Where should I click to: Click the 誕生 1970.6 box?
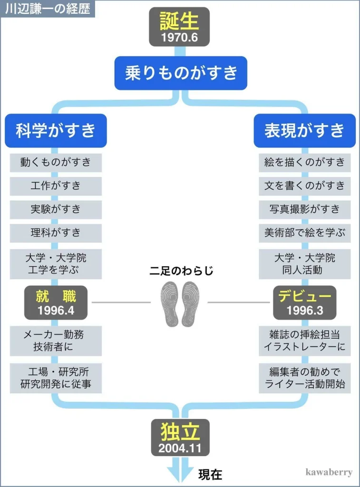[179, 27]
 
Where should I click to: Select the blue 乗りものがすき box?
[181, 73]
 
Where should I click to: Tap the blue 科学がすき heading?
[56, 130]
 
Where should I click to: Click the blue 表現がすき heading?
[304, 130]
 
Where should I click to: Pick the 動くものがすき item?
[56, 162]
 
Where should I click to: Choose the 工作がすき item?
[56, 185]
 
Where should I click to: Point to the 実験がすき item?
[56, 209]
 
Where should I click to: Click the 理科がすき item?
[56, 233]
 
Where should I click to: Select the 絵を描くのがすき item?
[304, 162]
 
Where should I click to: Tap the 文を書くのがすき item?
[304, 185]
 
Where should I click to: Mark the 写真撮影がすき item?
[304, 209]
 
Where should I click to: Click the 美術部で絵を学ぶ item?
[304, 233]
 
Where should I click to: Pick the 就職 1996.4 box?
[56, 302]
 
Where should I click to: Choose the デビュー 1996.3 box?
[304, 302]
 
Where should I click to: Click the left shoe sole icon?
[170, 304]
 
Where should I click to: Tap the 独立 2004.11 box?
[180, 437]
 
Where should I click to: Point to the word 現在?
[210, 474]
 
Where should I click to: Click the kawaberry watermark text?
[329, 472]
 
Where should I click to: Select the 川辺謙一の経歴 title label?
[48, 9]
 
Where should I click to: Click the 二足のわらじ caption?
[181, 271]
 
